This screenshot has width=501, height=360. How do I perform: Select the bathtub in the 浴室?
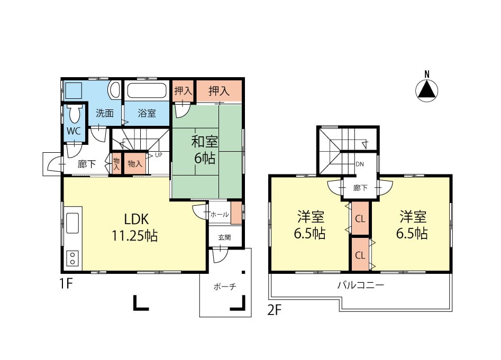(147, 90)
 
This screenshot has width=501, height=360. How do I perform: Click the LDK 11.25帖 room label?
(135, 227)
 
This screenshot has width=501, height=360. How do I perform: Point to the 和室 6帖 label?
(205, 150)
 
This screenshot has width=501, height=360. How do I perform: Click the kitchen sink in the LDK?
(73, 223)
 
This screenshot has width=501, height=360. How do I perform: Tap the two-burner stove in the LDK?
(73, 258)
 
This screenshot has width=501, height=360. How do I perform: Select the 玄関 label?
(225, 237)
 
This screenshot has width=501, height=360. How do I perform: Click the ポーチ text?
(225, 287)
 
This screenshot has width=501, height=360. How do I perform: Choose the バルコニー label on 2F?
(361, 285)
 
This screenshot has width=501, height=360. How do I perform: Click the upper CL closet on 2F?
(360, 219)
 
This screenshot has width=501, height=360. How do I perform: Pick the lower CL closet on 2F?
(360, 255)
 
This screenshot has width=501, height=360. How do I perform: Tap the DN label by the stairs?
(360, 164)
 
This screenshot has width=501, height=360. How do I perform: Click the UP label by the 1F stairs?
(159, 155)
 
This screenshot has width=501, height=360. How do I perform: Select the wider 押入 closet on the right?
(219, 91)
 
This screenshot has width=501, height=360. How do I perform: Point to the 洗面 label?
(105, 113)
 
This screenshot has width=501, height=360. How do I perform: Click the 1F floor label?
(67, 283)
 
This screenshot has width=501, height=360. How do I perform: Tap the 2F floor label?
(275, 310)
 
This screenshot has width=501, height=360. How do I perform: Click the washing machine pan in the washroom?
(74, 90)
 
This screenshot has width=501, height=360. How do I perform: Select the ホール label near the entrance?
(220, 215)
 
